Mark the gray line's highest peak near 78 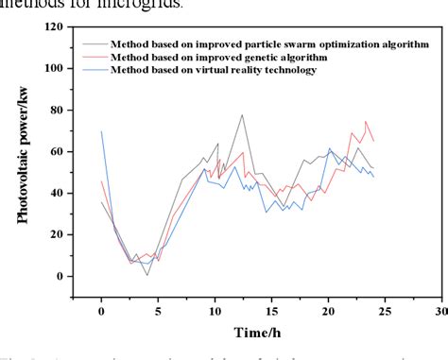pos(242,115)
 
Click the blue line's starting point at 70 pos(102,131)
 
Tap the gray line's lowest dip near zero pos(146,274)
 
